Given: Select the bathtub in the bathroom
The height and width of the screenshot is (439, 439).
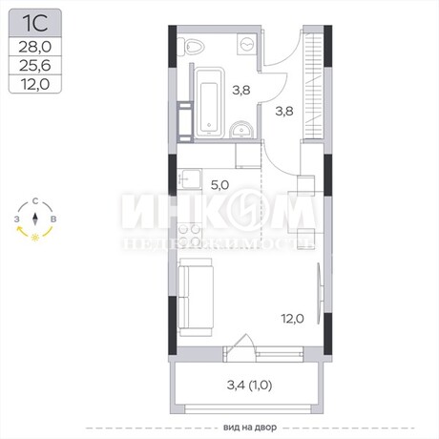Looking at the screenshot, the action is click(x=209, y=103).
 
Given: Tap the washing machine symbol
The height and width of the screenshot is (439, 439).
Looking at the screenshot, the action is click(x=247, y=44).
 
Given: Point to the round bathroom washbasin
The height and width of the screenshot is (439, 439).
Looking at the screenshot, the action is click(x=241, y=130).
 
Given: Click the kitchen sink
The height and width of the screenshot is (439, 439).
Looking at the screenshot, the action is click(x=190, y=179).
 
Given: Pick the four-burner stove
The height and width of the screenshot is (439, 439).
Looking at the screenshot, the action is click(x=190, y=235).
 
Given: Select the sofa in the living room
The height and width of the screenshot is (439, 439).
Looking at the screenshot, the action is click(x=195, y=297).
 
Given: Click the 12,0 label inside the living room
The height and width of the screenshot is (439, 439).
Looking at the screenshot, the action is click(x=292, y=319).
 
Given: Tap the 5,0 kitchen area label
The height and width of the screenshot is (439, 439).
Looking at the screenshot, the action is click(x=219, y=185).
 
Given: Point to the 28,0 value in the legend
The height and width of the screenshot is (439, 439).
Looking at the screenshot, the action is click(x=35, y=47).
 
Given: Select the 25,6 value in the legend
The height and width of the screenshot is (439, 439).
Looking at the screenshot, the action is click(x=35, y=66).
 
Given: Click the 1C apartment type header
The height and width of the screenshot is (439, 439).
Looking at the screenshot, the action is click(x=35, y=23).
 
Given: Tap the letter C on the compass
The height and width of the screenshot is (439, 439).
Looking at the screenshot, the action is click(x=35, y=201).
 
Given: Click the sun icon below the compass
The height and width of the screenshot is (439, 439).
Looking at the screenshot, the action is click(x=35, y=238).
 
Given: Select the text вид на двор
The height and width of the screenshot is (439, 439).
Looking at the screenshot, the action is click(x=250, y=428).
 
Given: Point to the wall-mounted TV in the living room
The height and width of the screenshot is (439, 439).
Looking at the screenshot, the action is click(x=319, y=293).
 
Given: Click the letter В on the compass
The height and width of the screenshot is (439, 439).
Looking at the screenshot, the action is click(x=53, y=219).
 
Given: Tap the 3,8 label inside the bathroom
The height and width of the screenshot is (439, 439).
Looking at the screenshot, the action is click(x=241, y=91).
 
